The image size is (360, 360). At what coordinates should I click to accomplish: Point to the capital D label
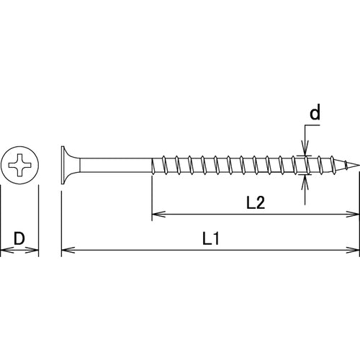click(19, 238)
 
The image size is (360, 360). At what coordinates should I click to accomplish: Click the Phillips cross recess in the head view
click(19, 167)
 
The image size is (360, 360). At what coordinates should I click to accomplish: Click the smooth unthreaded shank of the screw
click(115, 166)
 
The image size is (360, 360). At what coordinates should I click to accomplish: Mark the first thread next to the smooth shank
click(158, 166)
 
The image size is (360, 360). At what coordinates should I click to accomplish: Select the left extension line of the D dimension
click(1, 216)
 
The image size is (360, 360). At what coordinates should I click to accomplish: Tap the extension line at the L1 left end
click(61, 216)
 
